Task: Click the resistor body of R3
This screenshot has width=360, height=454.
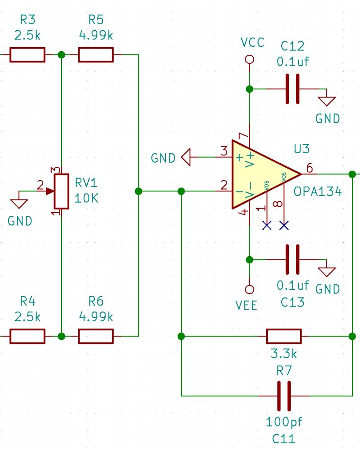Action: click(27, 55)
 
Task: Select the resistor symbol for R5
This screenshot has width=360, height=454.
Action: click(95, 55)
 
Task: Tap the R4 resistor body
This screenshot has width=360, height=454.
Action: click(27, 336)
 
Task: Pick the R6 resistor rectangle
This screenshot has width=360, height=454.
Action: click(95, 336)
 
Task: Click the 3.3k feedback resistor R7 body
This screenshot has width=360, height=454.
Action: click(283, 336)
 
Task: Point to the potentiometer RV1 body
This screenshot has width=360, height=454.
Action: click(62, 191)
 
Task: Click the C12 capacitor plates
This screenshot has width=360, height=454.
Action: click(292, 89)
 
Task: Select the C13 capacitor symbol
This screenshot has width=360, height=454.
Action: click(292, 259)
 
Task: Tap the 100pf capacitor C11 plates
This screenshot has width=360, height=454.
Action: click(283, 396)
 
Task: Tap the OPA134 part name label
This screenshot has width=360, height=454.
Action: click(318, 191)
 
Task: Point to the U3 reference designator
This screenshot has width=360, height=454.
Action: click(301, 149)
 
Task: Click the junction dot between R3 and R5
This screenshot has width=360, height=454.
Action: click(62, 55)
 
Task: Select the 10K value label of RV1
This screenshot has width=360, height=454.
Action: click(86, 198)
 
